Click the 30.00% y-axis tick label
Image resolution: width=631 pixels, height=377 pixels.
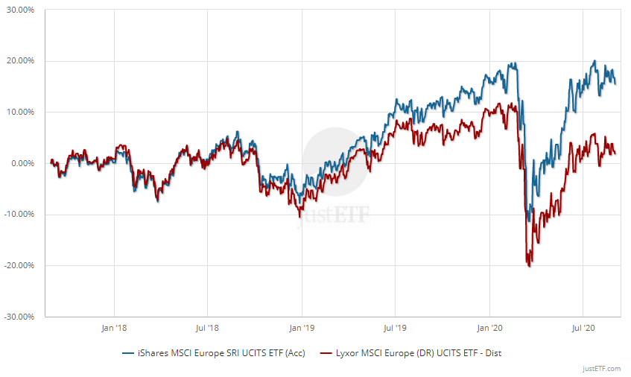(22, 10)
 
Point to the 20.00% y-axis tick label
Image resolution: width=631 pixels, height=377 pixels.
(22, 61)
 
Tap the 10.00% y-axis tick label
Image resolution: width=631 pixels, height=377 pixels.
(22, 113)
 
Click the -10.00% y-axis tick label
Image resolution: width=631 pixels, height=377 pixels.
(21, 215)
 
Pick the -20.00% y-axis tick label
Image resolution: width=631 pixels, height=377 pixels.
(21, 265)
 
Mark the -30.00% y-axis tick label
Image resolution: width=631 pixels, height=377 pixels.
(21, 317)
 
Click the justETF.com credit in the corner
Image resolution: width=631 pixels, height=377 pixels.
(601, 368)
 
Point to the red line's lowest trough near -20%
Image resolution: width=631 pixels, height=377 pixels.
(529, 265)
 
